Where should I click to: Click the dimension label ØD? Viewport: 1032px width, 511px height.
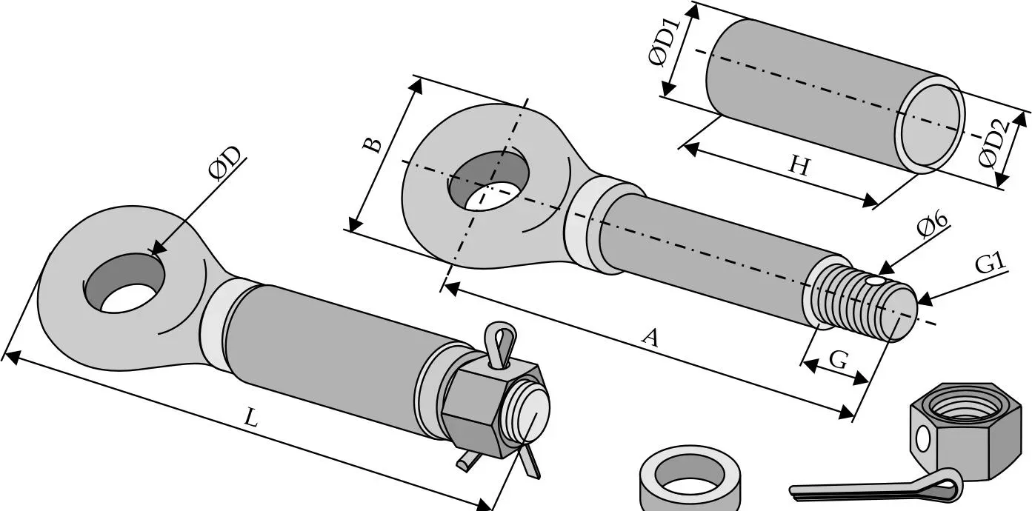pos(224,163)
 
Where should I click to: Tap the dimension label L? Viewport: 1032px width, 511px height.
pos(250,418)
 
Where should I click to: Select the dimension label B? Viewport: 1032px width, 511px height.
pos(372,144)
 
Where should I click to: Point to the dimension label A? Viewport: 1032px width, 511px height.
pos(650,338)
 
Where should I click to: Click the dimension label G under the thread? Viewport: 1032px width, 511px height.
pos(838,360)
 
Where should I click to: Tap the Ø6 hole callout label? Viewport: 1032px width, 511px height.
pos(931,224)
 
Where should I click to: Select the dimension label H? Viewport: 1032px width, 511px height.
pos(799,166)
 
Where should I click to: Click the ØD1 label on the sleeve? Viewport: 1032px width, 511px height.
pos(664,42)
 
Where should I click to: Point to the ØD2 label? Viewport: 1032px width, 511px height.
pos(994,144)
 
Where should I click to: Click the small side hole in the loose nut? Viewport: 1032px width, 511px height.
pos(923,438)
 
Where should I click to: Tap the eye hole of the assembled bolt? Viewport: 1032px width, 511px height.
pos(125,283)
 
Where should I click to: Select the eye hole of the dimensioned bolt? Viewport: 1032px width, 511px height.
pos(489,181)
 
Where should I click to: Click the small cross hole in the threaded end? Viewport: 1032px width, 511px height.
pos(874,281)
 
